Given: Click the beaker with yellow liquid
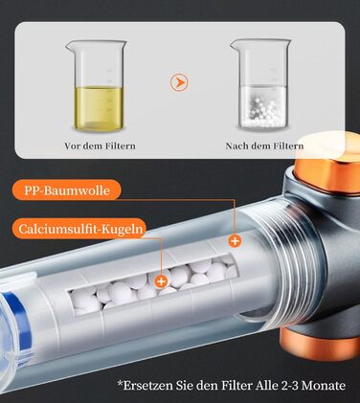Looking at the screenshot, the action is (x=97, y=85).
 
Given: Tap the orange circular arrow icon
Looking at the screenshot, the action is (x=179, y=82).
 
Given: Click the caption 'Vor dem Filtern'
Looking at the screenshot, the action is (x=100, y=146).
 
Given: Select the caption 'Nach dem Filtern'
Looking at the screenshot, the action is (x=264, y=146).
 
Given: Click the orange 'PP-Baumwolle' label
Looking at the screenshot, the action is (x=67, y=190).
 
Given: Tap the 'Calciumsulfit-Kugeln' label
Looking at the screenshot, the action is (x=79, y=229).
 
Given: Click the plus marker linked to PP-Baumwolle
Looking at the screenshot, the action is (x=235, y=241).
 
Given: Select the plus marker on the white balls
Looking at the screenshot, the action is (x=161, y=281).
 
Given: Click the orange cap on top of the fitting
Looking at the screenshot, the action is (x=328, y=165).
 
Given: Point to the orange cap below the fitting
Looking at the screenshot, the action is (x=319, y=344).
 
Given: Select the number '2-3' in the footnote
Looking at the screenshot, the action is (x=290, y=386).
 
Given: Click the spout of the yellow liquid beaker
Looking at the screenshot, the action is (x=69, y=45).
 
